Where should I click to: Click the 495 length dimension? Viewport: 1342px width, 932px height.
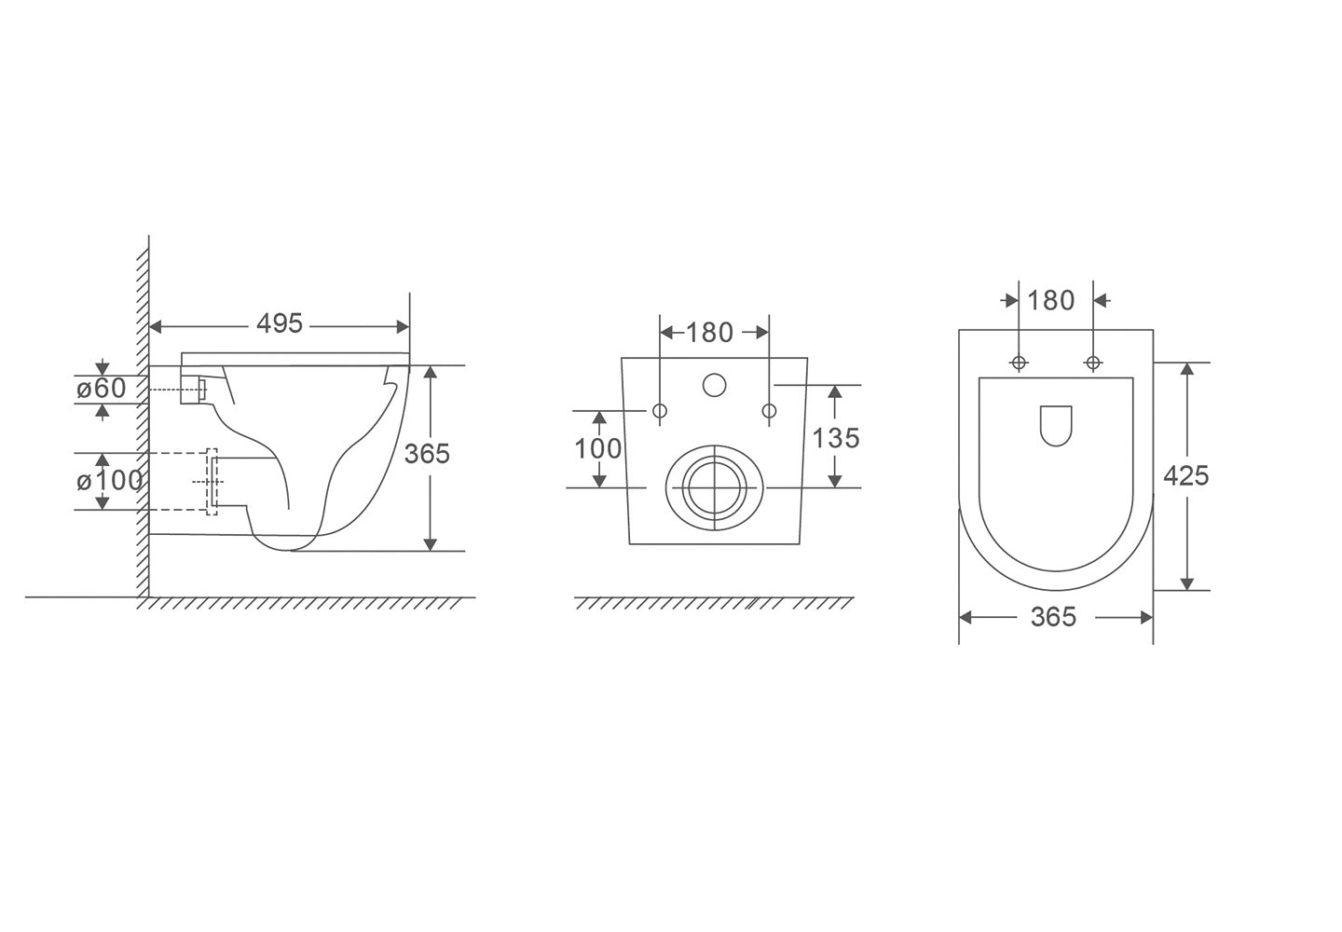click(x=280, y=323)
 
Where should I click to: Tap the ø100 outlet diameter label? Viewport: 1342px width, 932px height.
click(x=110, y=481)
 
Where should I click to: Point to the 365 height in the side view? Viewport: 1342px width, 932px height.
click(x=427, y=454)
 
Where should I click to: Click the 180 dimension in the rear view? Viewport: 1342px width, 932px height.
click(x=710, y=332)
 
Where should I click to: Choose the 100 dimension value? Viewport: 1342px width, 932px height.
click(x=597, y=448)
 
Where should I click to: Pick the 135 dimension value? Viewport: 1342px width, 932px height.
click(x=836, y=437)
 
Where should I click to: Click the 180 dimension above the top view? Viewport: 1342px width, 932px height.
click(x=1051, y=300)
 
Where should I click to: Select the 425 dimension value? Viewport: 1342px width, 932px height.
click(x=1186, y=475)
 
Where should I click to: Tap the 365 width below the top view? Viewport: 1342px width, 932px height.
click(x=1054, y=617)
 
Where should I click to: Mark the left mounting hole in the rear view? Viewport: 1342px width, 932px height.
click(x=660, y=411)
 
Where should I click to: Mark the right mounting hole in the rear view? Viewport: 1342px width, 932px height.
click(x=769, y=411)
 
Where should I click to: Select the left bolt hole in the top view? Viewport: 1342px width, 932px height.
click(x=1019, y=362)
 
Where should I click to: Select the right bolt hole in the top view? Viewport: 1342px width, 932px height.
click(x=1092, y=362)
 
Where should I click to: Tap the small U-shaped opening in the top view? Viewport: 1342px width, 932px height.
click(x=1055, y=425)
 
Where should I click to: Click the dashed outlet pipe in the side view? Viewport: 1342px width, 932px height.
click(x=177, y=482)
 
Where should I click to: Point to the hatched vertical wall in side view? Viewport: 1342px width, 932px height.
click(x=143, y=419)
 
